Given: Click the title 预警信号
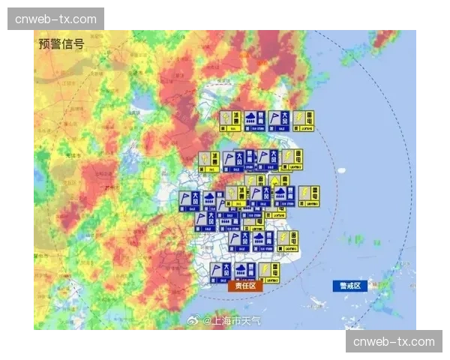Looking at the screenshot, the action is pyautogui.click(x=61, y=43).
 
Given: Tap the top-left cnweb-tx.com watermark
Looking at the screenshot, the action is pyautogui.click(x=55, y=19).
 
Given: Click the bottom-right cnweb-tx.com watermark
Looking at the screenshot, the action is pyautogui.click(x=394, y=341).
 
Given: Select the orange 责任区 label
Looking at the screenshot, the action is pyautogui.click(x=245, y=286).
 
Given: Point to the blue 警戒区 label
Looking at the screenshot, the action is pyautogui.click(x=350, y=286).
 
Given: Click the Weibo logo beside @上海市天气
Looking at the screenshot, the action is pyautogui.click(x=196, y=320).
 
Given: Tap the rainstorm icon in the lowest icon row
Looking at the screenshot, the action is pyautogui.click(x=245, y=271).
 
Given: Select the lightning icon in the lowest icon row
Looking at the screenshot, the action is pyautogui.click(x=270, y=271).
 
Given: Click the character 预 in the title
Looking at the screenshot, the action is pyautogui.click(x=44, y=43).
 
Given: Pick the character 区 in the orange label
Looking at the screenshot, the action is pyautogui.click(x=255, y=286).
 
